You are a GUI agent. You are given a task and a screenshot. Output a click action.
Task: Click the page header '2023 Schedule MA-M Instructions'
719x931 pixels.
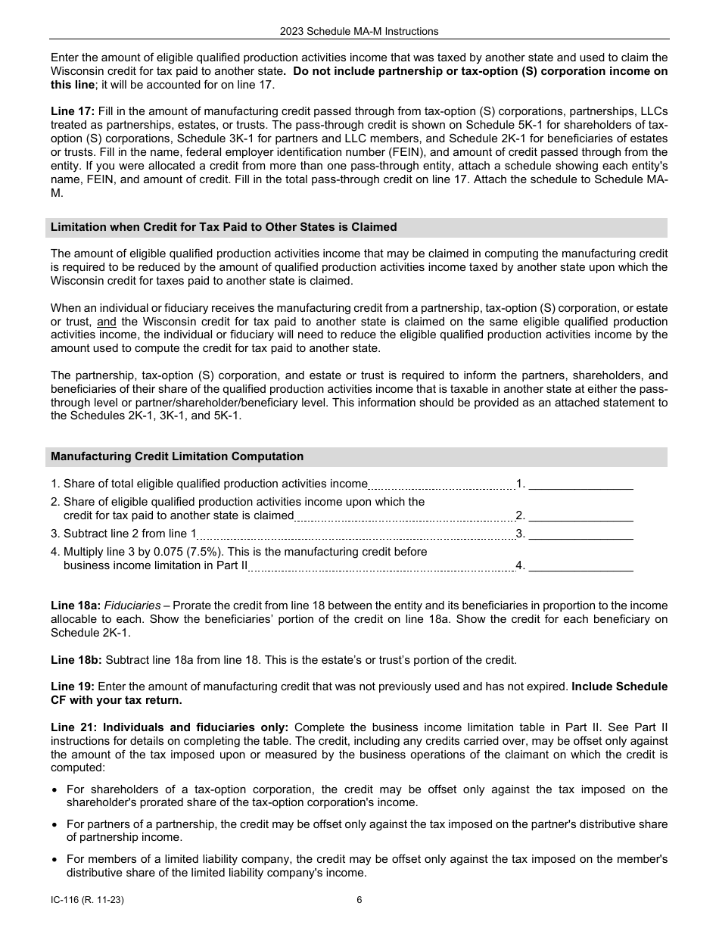pos(359,31)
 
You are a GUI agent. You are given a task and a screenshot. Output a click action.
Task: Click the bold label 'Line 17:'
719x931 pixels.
pos(72,111)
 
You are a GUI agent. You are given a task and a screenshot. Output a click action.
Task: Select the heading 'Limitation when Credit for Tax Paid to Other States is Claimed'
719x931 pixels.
pos(223,227)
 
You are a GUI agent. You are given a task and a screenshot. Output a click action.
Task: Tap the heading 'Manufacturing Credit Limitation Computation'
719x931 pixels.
pos(177,456)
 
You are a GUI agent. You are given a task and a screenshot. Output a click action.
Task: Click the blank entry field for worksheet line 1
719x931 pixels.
pos(580,484)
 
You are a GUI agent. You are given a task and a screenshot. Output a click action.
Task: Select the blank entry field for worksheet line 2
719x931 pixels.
pos(580,515)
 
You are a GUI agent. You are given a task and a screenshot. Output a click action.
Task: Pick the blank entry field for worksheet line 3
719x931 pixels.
pos(580,534)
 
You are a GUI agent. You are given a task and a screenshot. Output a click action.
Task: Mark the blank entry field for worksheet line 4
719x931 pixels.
pos(580,565)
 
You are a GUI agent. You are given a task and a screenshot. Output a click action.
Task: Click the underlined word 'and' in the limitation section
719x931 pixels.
pos(107,321)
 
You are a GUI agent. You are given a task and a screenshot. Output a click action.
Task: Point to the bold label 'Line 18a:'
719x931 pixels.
pos(76,606)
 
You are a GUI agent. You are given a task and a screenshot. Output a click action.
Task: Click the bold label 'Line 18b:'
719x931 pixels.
pos(76,660)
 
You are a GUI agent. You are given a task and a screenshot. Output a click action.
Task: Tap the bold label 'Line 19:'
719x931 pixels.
pos(73,687)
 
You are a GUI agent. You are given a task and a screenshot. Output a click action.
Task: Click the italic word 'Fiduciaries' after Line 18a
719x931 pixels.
pos(132,606)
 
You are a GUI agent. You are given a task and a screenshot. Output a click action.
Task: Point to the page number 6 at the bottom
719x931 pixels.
pos(359,900)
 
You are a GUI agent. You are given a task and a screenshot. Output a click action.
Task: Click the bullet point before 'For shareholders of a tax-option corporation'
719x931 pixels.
pos(56,790)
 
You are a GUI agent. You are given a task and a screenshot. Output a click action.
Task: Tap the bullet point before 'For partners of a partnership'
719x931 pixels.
pos(56,825)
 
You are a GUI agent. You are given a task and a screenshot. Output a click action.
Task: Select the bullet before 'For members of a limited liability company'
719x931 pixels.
pos(56,860)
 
